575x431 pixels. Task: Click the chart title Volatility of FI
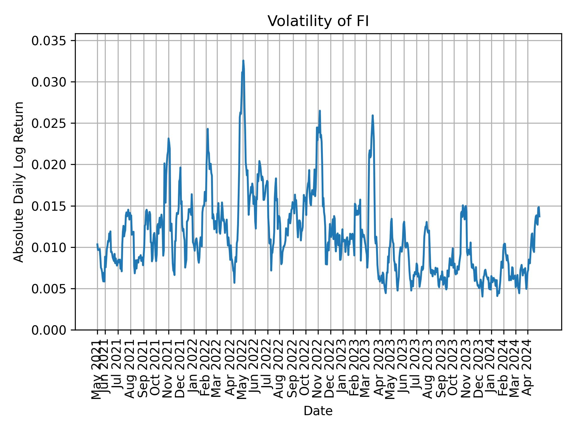click(318, 22)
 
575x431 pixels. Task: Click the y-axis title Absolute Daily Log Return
click(19, 182)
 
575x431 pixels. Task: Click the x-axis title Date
click(318, 411)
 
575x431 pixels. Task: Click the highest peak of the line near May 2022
click(243, 60)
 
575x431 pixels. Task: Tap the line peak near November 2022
click(320, 111)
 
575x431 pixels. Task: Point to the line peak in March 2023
click(373, 115)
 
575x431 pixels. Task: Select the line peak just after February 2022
click(208, 129)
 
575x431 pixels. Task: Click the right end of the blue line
click(539, 217)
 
